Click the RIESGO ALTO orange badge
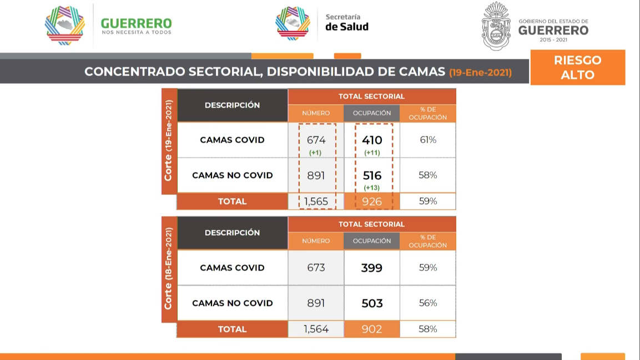577,67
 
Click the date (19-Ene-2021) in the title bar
480,73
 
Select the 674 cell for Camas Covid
316,140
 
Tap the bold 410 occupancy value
372,140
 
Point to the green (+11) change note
372,153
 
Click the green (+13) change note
372,188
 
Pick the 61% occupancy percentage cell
428,140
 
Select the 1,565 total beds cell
316,201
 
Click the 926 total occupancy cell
372,201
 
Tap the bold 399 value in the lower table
372,268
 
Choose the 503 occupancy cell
372,303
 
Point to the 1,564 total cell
316,329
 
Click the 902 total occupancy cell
372,329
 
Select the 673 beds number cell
316,268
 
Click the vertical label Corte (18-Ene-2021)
169,268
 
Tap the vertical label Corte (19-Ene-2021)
169,141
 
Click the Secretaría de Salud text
346,22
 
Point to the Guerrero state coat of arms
496,26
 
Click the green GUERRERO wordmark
137,23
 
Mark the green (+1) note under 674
315,153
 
